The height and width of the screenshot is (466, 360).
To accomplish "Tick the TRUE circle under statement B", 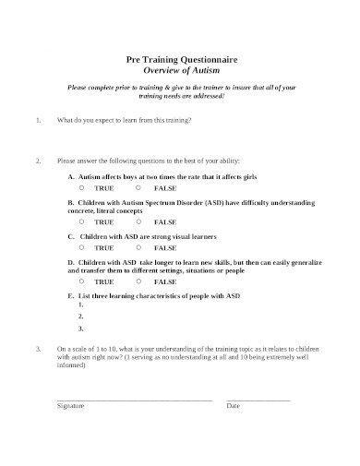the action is [x=81, y=221].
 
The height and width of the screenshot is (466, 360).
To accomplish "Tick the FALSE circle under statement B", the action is [x=139, y=221].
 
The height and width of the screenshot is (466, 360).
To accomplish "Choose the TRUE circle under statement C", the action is [x=81, y=246].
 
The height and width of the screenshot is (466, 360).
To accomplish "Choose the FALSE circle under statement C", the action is [x=139, y=246].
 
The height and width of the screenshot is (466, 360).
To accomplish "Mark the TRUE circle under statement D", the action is [x=81, y=282].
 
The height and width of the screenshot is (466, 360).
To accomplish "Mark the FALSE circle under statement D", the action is [x=139, y=282].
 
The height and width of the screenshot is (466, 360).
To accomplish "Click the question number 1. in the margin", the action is [x=37, y=120].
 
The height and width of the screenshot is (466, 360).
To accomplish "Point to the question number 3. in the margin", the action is [x=37, y=350].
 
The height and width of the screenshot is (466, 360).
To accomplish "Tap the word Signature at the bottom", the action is [x=71, y=406].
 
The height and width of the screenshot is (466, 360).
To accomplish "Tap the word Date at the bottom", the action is [x=234, y=406].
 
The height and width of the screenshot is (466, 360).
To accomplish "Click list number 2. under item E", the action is [x=82, y=317].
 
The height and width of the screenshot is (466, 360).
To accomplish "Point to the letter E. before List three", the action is [x=72, y=295].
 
